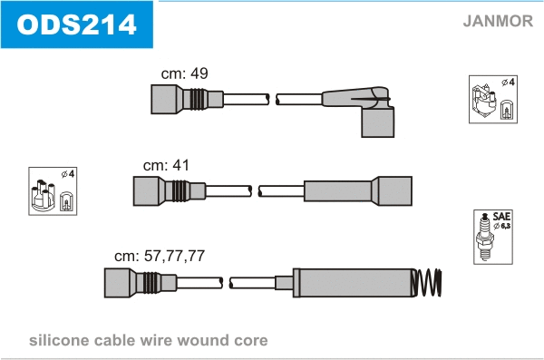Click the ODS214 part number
pyautogui.click(x=76, y=24)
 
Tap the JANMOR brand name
pyautogui.click(x=498, y=21)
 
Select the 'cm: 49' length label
pyautogui.click(x=185, y=73)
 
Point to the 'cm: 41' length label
pyautogui.click(x=167, y=165)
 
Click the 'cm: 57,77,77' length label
pyautogui.click(x=160, y=257)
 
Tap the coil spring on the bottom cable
pyautogui.click(x=427, y=283)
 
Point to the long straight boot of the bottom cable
pyautogui.click(x=354, y=283)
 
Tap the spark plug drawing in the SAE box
pyautogui.click(x=484, y=237)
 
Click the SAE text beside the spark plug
pyautogui.click(x=501, y=217)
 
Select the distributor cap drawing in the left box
pyautogui.click(x=44, y=196)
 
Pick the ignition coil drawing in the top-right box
pyautogui.click(x=483, y=101)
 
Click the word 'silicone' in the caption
pyautogui.click(x=57, y=340)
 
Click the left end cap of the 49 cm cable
pyautogui.click(x=166, y=99)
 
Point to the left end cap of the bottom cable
pyautogui.click(x=120, y=283)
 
